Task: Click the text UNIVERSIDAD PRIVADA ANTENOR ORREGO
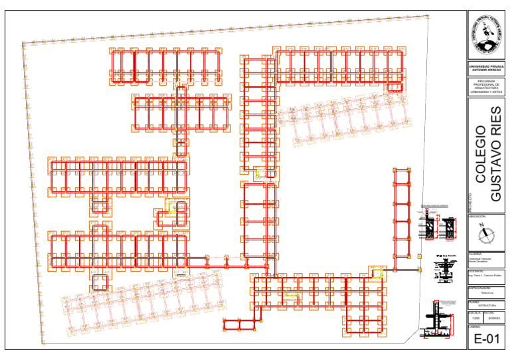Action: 486,68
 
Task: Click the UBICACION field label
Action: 477,217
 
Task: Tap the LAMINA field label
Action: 474,326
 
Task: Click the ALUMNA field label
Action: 475,254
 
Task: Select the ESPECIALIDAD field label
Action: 479,286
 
